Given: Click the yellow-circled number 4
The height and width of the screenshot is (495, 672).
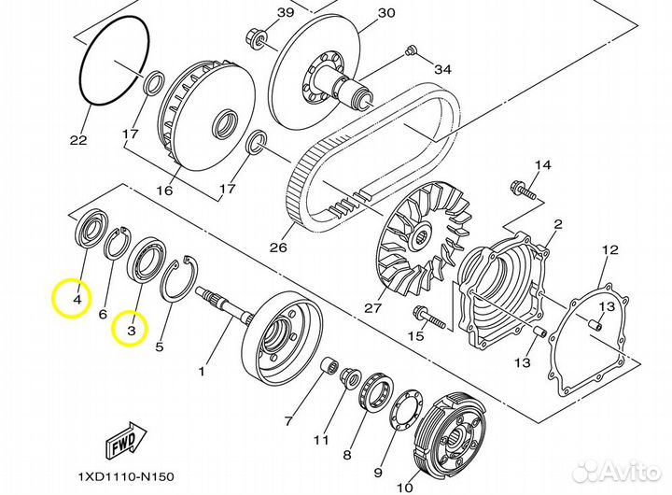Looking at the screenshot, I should pos(77,300).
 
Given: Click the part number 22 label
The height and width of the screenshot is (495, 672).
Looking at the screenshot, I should pos(77,140).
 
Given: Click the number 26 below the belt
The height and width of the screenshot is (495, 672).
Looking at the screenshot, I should pos(277,247).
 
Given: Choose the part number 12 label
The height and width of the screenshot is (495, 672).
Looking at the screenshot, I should pos(609,249).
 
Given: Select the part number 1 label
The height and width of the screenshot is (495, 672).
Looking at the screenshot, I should pos(200,371).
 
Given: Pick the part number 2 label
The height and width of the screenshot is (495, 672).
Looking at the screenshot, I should pos(558,224).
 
